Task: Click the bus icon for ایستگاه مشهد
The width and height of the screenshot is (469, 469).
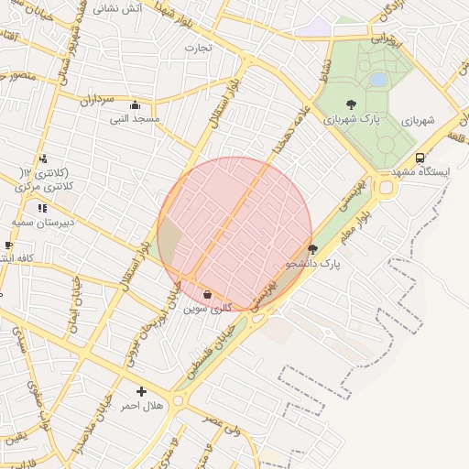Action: click(420, 158)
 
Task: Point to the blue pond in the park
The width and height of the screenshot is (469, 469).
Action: click(378, 80)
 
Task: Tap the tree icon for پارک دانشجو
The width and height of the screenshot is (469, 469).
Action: click(312, 249)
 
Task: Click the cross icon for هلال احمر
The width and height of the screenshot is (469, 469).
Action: click(141, 391)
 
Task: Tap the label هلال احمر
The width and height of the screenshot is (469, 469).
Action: click(142, 406)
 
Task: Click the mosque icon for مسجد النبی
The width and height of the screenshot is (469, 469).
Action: click(136, 104)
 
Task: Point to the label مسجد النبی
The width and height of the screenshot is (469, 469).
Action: click(135, 119)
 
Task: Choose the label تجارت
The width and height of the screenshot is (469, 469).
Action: click(198, 47)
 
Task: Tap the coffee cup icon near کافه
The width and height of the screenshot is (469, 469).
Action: click(8, 245)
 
